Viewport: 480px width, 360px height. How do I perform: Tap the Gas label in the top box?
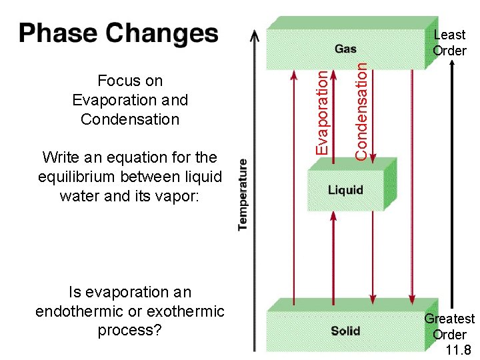345,49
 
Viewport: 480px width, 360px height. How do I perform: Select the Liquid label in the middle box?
345,190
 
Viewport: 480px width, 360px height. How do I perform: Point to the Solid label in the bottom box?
345,331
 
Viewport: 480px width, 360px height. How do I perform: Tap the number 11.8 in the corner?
459,349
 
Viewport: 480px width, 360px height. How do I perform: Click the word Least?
449,35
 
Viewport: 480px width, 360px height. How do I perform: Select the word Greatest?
449,319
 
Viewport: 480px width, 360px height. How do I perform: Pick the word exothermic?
187,311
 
